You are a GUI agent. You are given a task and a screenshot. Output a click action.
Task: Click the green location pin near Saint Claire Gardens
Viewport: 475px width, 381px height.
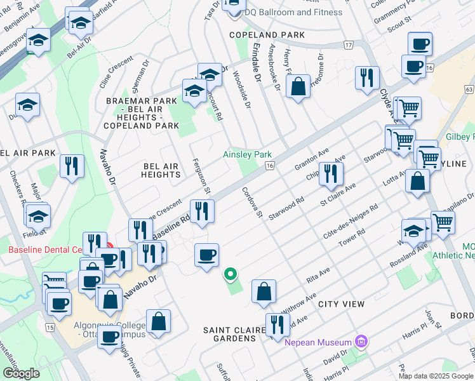pyautogui.click(x=231, y=275)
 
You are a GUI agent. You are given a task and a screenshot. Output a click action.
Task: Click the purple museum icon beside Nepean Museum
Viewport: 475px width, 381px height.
pyautogui.click(x=361, y=342)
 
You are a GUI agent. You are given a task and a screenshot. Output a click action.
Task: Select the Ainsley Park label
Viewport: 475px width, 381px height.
pyautogui.click(x=247, y=154)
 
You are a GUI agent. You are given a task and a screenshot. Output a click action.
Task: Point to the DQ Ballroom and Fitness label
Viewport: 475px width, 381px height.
pyautogui.click(x=293, y=12)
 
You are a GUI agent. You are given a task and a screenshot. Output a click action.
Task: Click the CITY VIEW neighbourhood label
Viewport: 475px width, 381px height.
pyautogui.click(x=341, y=304)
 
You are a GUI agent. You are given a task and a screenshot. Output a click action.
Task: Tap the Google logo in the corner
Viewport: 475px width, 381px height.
pyautogui.click(x=21, y=373)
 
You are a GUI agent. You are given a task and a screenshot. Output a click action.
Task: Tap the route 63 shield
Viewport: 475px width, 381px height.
pyautogui.click(x=469, y=90)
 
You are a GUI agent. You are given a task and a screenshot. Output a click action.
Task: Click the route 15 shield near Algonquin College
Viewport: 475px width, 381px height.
pyautogui.click(x=50, y=326)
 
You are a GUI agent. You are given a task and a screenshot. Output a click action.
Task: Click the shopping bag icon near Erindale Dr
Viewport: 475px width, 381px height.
pyautogui.click(x=297, y=86)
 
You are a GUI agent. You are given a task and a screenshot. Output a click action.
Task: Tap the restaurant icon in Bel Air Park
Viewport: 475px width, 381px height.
pyautogui.click(x=72, y=166)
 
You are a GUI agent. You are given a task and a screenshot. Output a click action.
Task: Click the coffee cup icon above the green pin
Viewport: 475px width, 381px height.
pyautogui.click(x=206, y=255)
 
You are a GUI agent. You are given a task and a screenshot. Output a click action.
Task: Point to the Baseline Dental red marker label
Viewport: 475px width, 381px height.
pyautogui.click(x=48, y=250)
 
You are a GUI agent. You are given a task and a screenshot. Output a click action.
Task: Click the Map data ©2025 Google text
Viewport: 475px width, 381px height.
pyautogui.click(x=435, y=375)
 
